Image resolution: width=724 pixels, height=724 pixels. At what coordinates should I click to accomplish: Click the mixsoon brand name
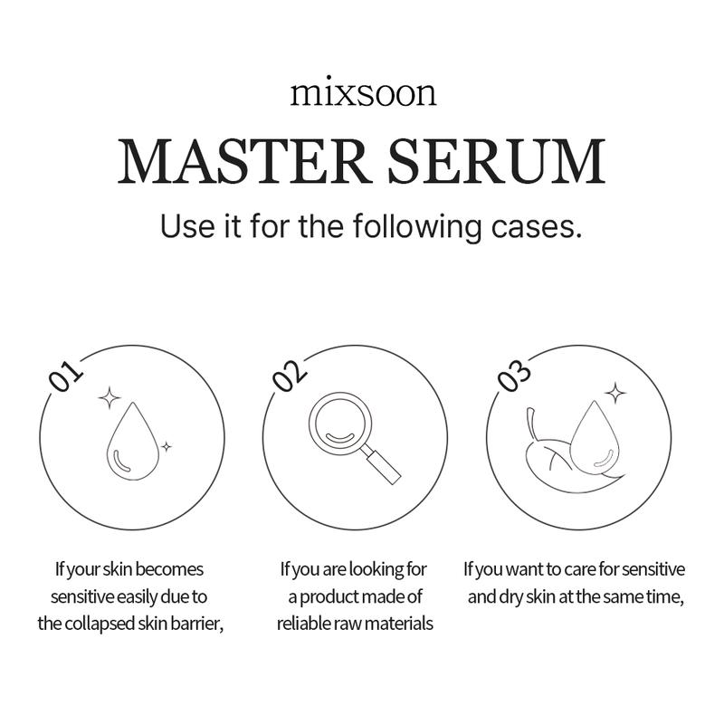tap(362, 94)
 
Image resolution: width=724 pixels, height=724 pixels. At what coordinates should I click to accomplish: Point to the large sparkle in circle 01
tap(110, 396)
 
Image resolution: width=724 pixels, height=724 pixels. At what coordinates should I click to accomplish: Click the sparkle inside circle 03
tap(615, 392)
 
